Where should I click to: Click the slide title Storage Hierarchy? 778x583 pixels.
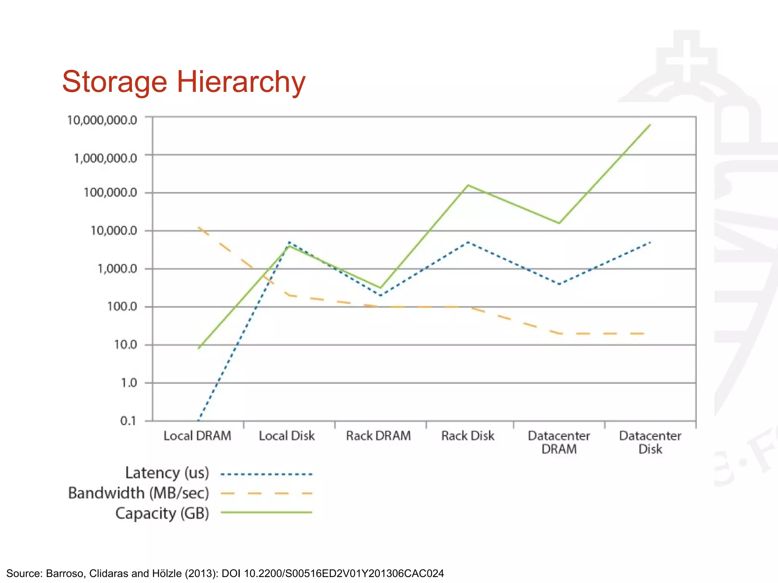183,82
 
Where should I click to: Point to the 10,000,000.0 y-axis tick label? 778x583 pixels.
102,120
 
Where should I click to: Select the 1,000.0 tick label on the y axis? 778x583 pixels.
117,269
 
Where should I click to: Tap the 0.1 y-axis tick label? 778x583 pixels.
128,421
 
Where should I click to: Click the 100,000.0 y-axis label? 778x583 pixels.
110,192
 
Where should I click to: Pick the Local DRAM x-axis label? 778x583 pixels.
197,436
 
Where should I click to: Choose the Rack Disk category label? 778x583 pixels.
468,436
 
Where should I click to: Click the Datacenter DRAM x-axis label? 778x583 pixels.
559,442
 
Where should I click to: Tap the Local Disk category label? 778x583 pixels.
287,436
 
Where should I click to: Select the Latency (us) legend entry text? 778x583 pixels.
167,473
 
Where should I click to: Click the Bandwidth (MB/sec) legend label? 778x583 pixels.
139,493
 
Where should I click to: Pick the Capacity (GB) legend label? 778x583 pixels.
162,513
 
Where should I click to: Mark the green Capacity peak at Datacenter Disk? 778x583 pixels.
650,124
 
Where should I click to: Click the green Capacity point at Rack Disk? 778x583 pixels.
468,185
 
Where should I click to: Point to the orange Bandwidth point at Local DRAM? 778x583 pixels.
199,227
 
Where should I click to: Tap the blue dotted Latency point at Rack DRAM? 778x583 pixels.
380,295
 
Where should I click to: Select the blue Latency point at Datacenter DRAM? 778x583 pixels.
559,284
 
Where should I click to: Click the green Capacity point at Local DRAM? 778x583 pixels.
199,348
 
